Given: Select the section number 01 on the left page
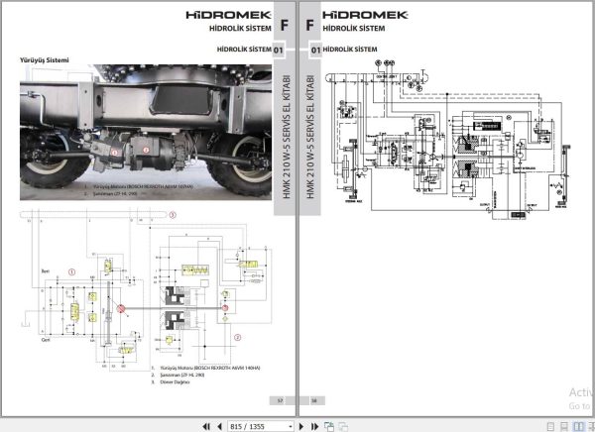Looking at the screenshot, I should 279,49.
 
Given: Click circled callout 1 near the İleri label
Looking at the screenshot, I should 72,270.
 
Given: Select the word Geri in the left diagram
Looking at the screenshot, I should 45,336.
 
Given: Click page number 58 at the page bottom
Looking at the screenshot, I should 315,399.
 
